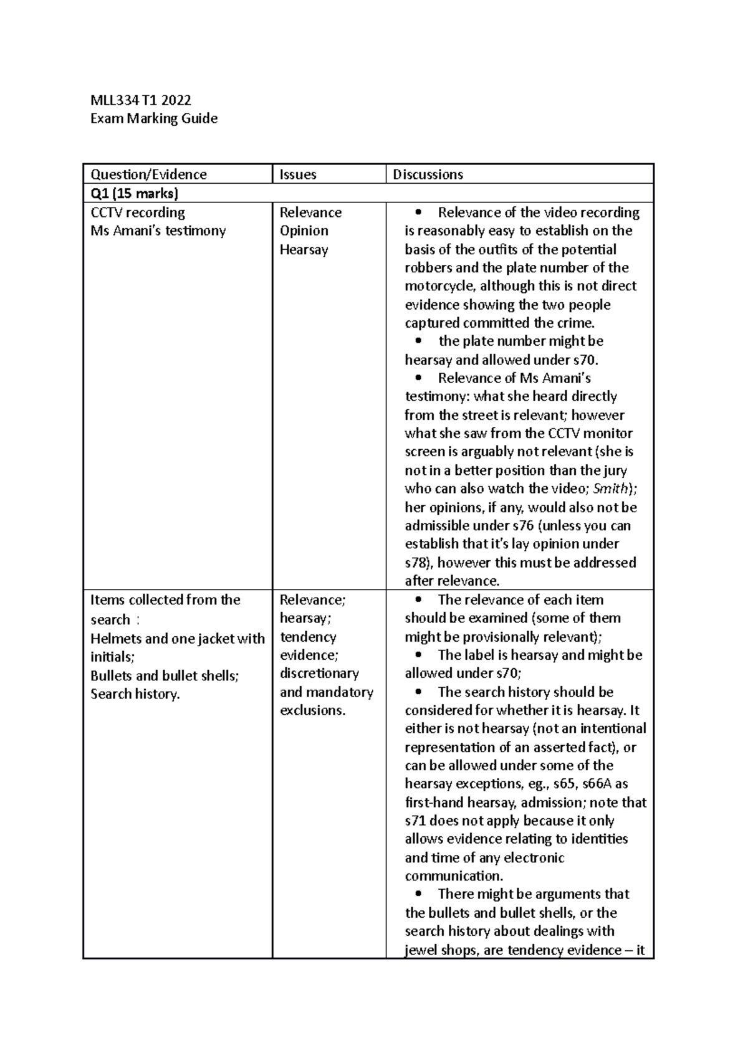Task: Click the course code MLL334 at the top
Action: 111,100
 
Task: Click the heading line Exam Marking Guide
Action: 154,118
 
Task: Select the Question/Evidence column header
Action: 148,174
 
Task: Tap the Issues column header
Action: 298,174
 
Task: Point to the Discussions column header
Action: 428,174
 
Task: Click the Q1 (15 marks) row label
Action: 134,193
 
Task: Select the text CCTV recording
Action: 138,212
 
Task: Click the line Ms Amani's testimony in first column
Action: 158,231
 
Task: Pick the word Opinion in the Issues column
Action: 304,231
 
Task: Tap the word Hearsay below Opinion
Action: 304,249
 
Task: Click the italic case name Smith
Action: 611,488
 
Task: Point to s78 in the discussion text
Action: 416,563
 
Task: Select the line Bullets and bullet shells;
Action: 165,675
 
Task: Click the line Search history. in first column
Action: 135,694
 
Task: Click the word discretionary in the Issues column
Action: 319,674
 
